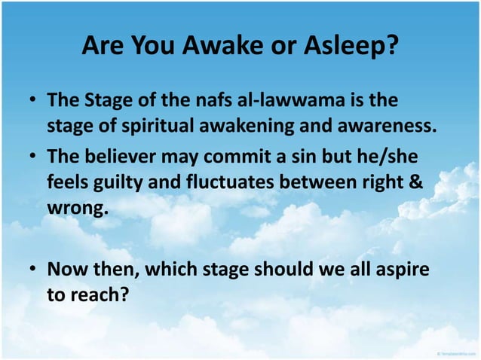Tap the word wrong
[77, 205]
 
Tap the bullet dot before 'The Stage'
[34, 101]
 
